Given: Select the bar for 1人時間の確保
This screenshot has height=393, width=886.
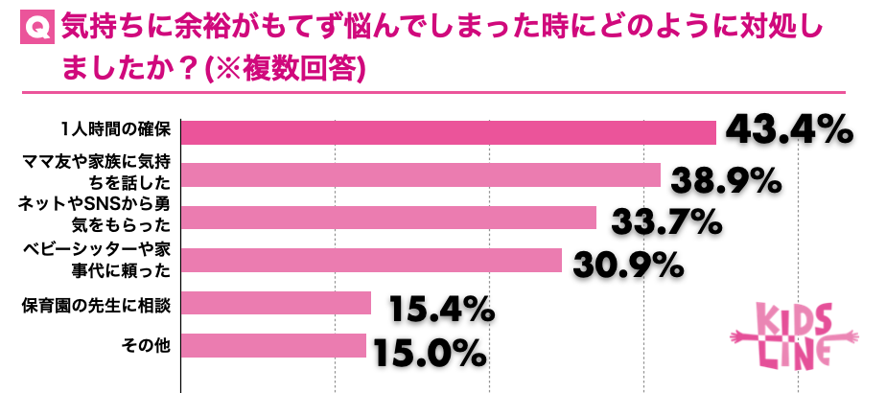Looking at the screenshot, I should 449,132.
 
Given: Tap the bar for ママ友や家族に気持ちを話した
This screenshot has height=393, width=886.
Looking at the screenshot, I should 421,174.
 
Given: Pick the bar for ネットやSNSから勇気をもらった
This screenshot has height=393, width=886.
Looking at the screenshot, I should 388,218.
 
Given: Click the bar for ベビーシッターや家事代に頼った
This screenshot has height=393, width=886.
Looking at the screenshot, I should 371,260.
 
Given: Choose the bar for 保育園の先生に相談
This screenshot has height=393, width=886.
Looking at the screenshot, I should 276,303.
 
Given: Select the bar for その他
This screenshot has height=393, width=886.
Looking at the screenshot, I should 273,345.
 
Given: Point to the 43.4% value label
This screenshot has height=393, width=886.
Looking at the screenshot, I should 789,131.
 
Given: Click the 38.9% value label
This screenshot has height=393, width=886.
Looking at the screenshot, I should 727,179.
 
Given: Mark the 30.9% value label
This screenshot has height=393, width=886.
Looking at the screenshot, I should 628,264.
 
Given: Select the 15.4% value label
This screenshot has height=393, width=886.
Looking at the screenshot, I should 441,309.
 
